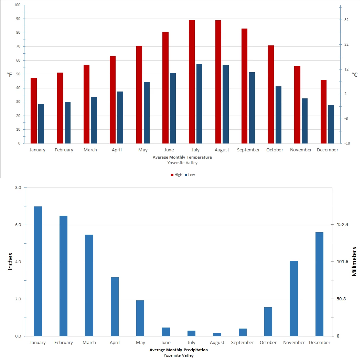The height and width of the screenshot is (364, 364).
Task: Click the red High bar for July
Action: (192, 82)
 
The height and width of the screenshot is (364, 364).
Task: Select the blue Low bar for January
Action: (41, 124)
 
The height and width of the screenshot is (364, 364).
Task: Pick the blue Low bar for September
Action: (252, 108)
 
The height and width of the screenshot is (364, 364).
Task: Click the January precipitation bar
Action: (38, 271)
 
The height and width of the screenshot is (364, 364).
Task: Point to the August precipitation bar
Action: (217, 334)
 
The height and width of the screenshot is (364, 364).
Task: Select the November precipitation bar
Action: (294, 298)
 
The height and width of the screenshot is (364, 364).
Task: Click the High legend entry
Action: (176, 175)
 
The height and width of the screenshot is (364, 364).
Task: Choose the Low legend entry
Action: (190, 175)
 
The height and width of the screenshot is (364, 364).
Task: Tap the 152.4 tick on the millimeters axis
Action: (342, 225)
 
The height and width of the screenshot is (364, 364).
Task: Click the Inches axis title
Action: (10, 262)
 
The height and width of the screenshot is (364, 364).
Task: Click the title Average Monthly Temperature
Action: (182, 157)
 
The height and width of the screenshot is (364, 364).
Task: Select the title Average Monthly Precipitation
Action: (179, 350)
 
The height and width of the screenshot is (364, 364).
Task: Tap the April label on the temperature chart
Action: (117, 150)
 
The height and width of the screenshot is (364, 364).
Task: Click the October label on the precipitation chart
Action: (268, 342)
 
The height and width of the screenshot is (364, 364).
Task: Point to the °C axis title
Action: (354, 74)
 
